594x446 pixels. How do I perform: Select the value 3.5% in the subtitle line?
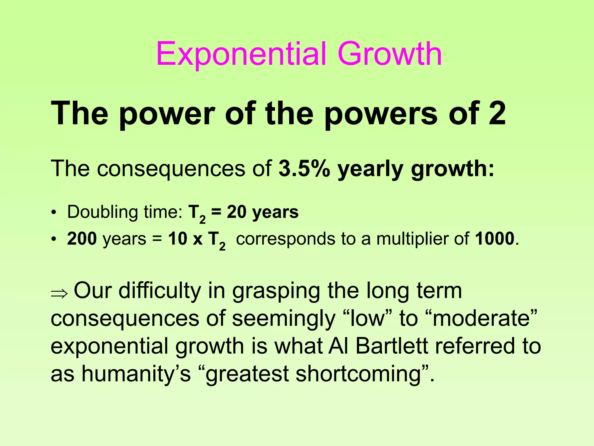[304, 169]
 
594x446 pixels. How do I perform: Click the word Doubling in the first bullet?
[102, 213]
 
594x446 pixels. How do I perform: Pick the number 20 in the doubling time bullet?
[236, 212]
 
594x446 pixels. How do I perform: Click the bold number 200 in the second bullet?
[82, 239]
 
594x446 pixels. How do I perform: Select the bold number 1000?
[495, 239]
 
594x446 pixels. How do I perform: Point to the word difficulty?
[160, 291]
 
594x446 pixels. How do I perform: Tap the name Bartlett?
[392, 346]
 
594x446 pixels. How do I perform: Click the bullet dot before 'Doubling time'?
[53, 213]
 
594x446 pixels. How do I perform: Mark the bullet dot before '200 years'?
[53, 239]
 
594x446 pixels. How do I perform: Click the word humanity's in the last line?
[136, 374]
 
